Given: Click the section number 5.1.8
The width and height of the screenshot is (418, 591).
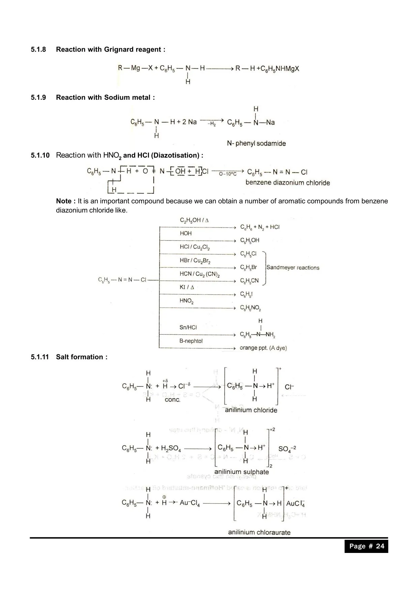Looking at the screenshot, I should coord(38,50).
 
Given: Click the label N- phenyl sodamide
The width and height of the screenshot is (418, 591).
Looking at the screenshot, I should coord(256,144).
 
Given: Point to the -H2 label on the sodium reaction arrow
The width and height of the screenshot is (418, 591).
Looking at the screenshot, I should coord(212,124).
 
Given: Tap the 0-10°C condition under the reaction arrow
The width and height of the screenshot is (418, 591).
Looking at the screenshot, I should coord(228,174).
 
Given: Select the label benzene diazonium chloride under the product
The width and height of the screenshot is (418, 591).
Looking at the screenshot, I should coord(288,183).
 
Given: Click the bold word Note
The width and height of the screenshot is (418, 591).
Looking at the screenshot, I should coord(64,201).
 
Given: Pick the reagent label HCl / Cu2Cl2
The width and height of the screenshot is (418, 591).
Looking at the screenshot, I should coord(195,247).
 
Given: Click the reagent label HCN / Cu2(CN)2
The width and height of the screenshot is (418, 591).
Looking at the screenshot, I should coord(200,274).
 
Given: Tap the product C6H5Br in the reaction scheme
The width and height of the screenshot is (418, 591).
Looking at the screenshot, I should coord(248,267).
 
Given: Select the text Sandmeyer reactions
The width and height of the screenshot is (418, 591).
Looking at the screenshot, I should coord(293,268).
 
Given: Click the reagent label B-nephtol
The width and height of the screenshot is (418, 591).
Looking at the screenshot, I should coord(191,341).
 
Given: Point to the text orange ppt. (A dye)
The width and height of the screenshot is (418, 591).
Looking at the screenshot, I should coord(263,348).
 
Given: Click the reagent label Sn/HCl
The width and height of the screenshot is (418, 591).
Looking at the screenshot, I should coord(188,328).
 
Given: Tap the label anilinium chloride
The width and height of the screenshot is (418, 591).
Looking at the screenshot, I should coord(251,410).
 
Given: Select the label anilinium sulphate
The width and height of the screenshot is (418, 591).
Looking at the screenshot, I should coord(241,472).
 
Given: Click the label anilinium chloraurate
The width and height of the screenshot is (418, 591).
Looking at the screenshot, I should coord(259,532).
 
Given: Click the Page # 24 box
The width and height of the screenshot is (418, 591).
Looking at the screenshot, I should coord(366,546).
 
